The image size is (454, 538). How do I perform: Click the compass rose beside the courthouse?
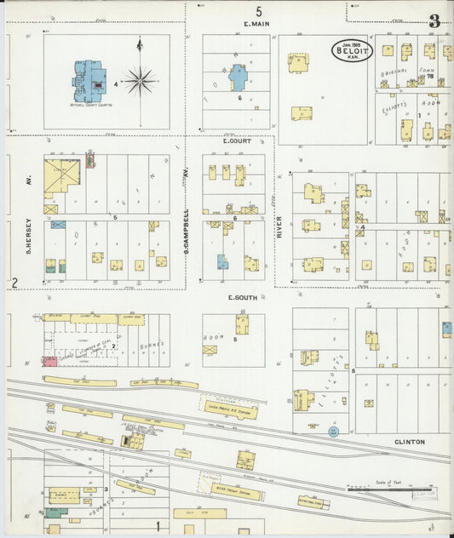[x=141, y=82]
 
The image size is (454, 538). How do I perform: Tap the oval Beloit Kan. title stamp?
[x=353, y=50]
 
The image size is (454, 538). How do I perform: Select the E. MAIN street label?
[x=256, y=24]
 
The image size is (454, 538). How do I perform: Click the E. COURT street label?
[x=236, y=140]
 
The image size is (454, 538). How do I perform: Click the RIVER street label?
[x=279, y=226]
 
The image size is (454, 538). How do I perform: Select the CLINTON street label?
[x=409, y=442]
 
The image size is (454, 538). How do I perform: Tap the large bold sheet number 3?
[x=435, y=21]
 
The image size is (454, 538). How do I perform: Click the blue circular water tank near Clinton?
[x=333, y=432]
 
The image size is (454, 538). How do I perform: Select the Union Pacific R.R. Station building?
[x=227, y=409]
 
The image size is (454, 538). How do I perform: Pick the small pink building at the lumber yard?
[x=50, y=362]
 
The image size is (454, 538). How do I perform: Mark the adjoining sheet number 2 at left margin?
[x=14, y=283]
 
